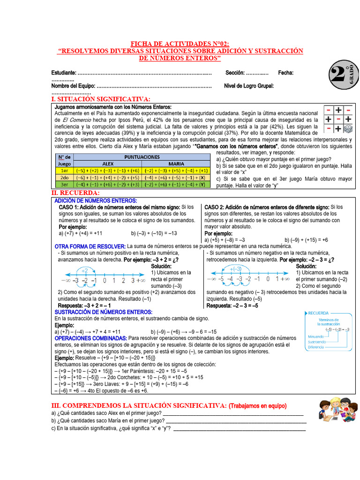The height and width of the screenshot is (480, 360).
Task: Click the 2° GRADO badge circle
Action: pyautogui.click(x=342, y=75)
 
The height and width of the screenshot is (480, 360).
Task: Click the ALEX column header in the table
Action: pyautogui.click(x=108, y=164)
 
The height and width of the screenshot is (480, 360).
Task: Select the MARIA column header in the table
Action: pyautogui.click(x=176, y=164)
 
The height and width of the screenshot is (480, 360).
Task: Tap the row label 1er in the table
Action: pyautogui.click(x=64, y=171)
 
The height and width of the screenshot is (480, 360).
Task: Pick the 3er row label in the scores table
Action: pyautogui.click(x=64, y=185)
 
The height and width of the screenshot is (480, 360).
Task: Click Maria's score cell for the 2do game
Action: pyautogui.click(x=176, y=178)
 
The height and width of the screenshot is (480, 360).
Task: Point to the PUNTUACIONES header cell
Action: pyautogui.click(x=142, y=157)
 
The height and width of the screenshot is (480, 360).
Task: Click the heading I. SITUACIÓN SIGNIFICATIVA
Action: pyautogui.click(x=101, y=99)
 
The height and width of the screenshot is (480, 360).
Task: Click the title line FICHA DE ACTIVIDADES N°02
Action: pyautogui.click(x=180, y=43)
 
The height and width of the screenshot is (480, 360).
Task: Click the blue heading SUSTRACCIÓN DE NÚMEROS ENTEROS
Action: pyautogui.click(x=104, y=312)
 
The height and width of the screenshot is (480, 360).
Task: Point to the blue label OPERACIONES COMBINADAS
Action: pyautogui.click(x=90, y=338)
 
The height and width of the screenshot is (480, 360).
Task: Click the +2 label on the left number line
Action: pyautogui.click(x=85, y=270)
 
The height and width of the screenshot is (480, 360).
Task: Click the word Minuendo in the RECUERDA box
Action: pyautogui.click(x=316, y=337)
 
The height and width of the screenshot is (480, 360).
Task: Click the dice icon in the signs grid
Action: pyautogui.click(x=348, y=128)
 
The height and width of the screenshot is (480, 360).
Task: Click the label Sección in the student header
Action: pyautogui.click(x=235, y=73)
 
